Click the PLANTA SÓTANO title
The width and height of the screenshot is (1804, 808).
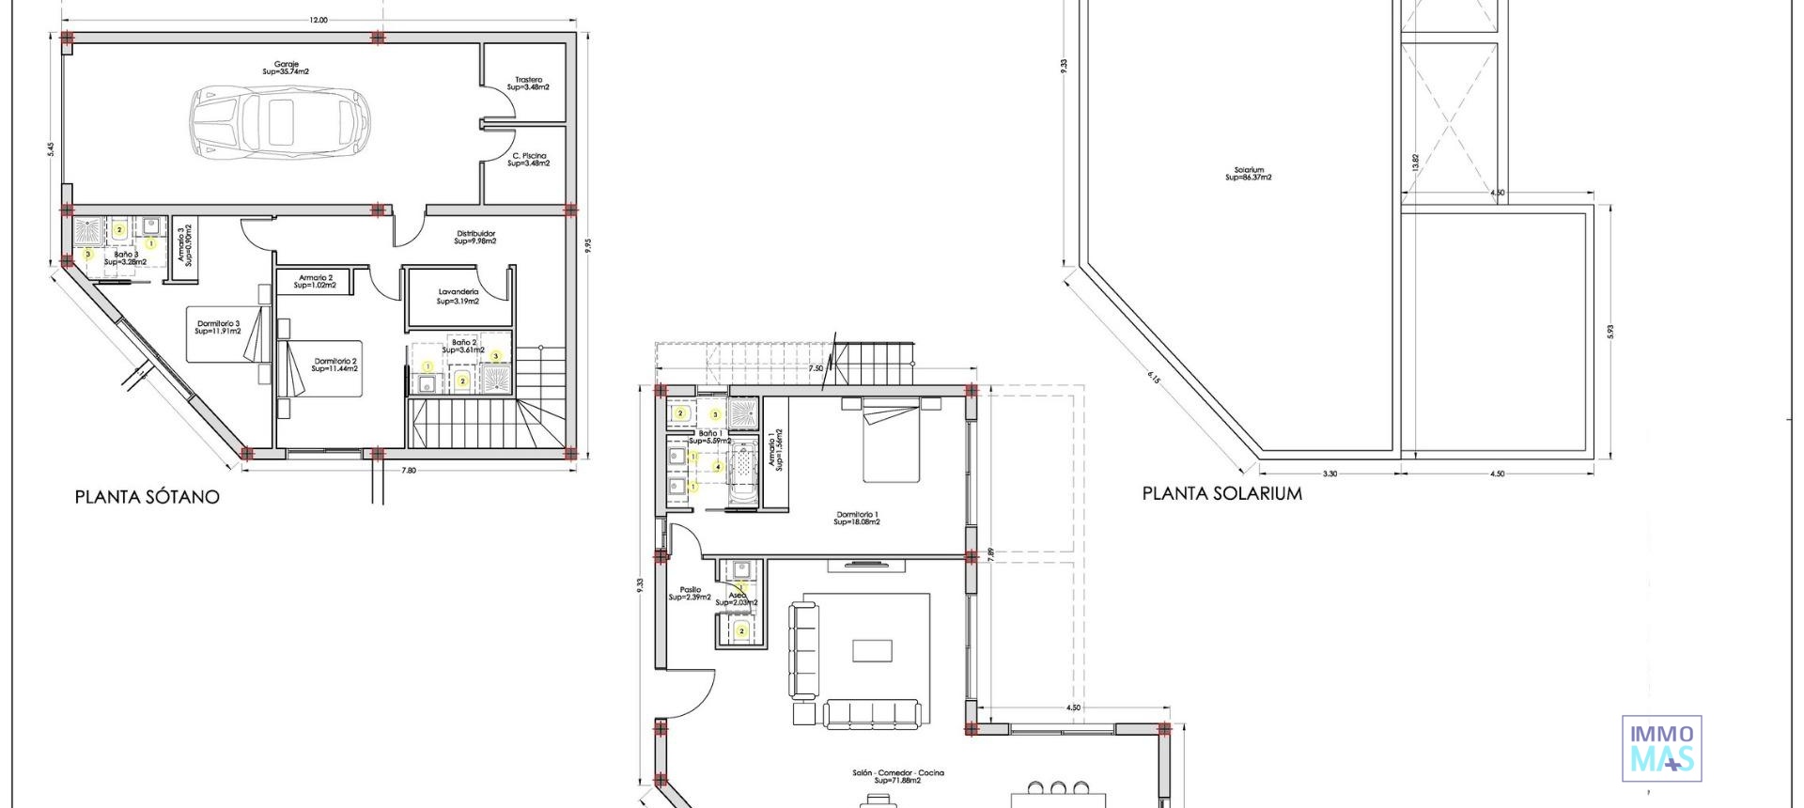pyautogui.click(x=147, y=497)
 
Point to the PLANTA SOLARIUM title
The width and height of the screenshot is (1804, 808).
pyautogui.click(x=1221, y=493)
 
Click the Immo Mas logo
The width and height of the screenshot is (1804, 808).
pyautogui.click(x=1661, y=748)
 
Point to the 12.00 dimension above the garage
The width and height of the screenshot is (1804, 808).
pyautogui.click(x=318, y=20)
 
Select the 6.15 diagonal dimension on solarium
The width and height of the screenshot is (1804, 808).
pyautogui.click(x=1154, y=381)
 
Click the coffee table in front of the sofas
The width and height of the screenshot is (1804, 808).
pyautogui.click(x=873, y=651)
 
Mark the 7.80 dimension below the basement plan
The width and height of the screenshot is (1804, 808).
pyautogui.click(x=408, y=470)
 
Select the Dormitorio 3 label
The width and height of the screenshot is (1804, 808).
pyautogui.click(x=218, y=327)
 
